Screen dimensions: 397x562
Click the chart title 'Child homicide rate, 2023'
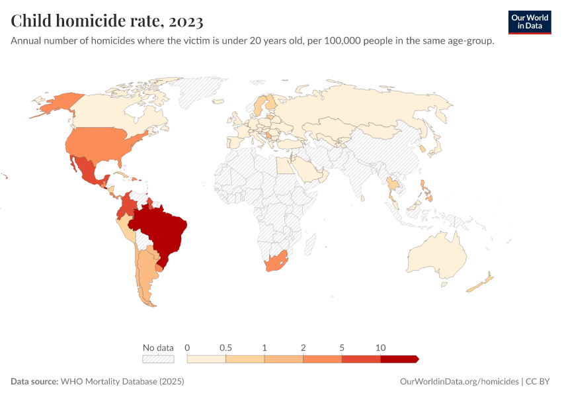[x=106, y=21]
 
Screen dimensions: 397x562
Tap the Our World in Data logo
[x=529, y=21]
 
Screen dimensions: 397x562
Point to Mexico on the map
[x=86, y=170]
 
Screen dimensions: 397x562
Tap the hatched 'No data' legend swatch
[x=158, y=359]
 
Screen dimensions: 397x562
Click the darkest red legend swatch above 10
[x=399, y=359]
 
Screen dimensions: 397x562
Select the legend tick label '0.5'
[x=226, y=348]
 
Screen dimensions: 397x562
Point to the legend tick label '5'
[x=342, y=348]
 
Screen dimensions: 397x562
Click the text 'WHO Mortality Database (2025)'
[x=122, y=382]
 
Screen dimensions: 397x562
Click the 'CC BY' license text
[x=538, y=382]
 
